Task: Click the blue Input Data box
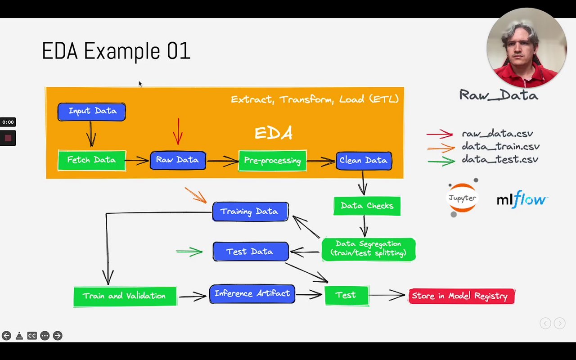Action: pos(92,112)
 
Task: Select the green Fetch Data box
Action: pos(92,160)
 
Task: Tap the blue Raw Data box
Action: pos(178,160)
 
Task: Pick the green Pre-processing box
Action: pos(272,161)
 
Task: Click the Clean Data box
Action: pos(364,161)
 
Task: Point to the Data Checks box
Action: pos(367,206)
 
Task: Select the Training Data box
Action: pos(250,211)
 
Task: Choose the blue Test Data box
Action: pos(250,252)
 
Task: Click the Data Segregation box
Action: pos(368,249)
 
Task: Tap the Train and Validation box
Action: pos(125,296)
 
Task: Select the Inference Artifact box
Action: pos(252,294)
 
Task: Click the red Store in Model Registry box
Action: pos(461,296)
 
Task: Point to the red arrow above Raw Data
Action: pos(178,131)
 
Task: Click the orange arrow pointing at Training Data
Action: pos(196,195)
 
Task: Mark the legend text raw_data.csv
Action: pos(497,134)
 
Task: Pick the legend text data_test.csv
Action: pos(500,160)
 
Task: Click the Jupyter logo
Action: pos(462,198)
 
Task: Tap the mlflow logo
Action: pos(522,199)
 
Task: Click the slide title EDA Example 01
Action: pos(116,51)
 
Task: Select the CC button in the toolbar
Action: pos(31,336)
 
